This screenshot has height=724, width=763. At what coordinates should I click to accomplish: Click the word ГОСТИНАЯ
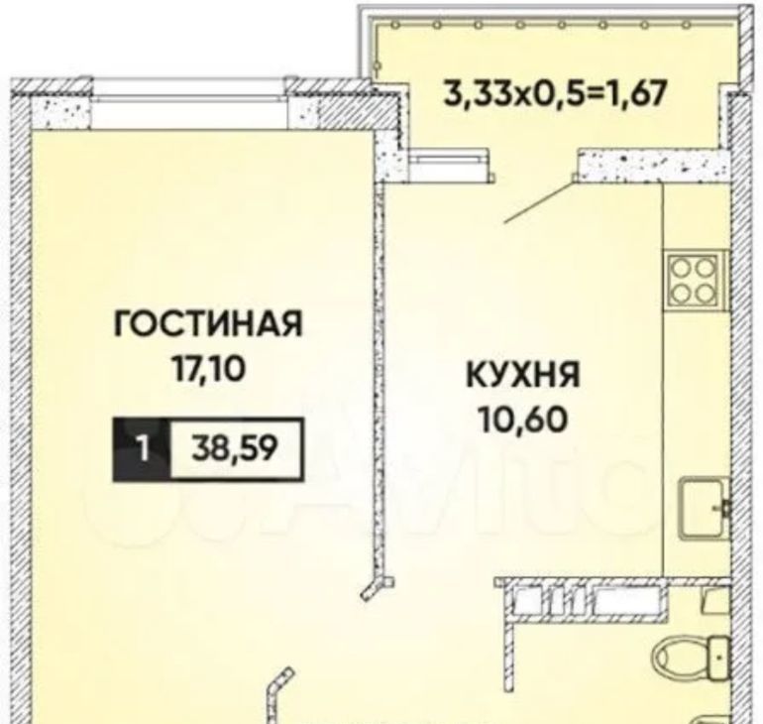(x=208, y=323)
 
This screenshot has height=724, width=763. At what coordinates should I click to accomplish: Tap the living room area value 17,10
(x=207, y=369)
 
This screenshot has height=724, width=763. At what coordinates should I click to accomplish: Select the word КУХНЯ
(x=523, y=375)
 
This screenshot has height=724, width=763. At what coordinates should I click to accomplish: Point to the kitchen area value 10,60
(x=523, y=420)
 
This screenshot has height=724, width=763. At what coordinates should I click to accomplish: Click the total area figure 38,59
(x=235, y=449)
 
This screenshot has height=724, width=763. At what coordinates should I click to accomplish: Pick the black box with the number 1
(x=142, y=449)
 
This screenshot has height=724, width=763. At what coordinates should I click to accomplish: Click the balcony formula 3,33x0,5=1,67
(x=554, y=92)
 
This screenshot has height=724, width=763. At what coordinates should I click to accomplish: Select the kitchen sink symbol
(x=705, y=508)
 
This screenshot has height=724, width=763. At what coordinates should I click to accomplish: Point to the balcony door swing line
(x=538, y=202)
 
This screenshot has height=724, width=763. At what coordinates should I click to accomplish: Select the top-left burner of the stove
(x=682, y=267)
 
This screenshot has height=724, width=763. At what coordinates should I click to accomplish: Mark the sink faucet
(x=723, y=508)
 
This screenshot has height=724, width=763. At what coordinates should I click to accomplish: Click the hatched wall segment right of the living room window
(x=341, y=106)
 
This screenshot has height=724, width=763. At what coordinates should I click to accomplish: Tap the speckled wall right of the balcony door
(x=652, y=166)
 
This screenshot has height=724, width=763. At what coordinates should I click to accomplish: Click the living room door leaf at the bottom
(x=278, y=696)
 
